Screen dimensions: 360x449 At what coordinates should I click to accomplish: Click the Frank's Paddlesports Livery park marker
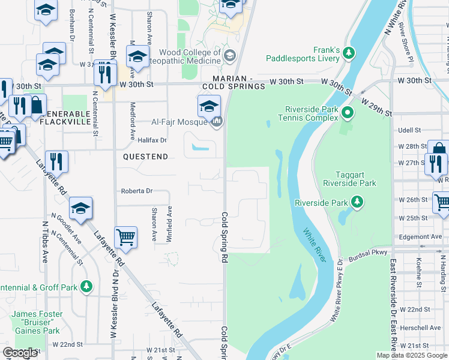pos(349,54)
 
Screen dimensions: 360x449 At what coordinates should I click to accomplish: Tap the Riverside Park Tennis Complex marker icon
pos(347,112)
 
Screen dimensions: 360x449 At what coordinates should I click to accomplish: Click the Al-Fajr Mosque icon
pos(217,122)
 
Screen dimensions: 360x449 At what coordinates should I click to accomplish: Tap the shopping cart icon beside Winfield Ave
pos(126,237)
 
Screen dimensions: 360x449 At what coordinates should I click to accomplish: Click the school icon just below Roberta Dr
pos(80,208)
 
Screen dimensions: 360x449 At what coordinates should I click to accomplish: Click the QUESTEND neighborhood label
pos(146,155)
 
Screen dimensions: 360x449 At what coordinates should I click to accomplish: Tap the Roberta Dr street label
pos(137,191)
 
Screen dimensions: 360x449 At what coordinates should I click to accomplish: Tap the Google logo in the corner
pos(20,353)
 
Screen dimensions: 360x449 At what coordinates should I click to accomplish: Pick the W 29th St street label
pos(377,104)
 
